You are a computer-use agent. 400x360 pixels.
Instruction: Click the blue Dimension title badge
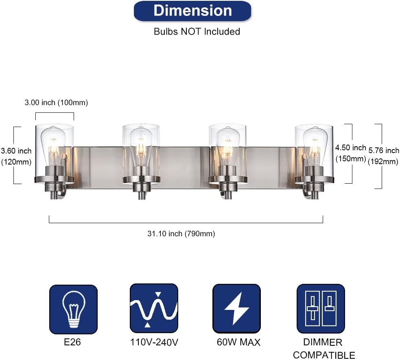coord(192,11)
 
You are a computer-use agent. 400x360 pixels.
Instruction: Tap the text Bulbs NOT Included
coord(197,32)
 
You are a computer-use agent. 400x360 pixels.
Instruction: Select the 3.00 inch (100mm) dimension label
coord(57,103)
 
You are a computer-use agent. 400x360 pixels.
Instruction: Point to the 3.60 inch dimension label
coord(16,156)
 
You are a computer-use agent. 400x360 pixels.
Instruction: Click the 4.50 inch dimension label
coord(351,153)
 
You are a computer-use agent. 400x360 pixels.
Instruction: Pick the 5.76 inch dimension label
coord(383,156)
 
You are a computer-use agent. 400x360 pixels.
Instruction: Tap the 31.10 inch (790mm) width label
coord(181,234)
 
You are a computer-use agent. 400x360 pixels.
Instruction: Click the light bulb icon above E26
coord(74,309)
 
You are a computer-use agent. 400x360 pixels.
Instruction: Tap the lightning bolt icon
coord(236,308)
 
